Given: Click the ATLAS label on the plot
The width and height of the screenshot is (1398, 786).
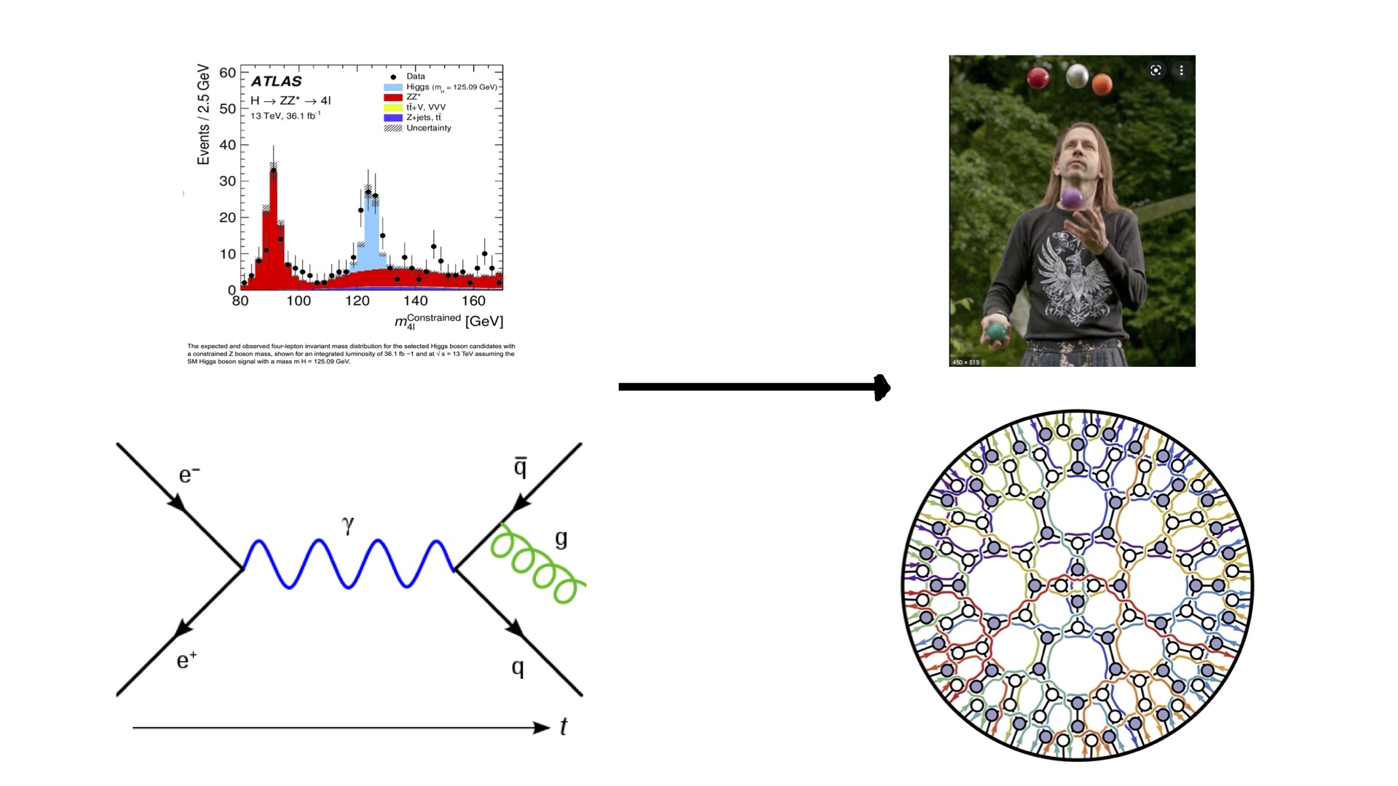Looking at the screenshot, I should click(276, 82).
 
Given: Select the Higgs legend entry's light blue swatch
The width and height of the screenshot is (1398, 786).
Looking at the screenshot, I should click(393, 87).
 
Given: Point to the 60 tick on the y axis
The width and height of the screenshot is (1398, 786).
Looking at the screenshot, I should click(227, 72).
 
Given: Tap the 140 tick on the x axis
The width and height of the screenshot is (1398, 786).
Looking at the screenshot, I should click(415, 301).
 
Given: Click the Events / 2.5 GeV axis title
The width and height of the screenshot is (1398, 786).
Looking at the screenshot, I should click(203, 115).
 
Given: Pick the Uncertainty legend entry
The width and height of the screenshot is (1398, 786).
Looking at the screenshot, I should click(428, 128).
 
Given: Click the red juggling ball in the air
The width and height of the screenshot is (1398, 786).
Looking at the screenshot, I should click(1038, 77).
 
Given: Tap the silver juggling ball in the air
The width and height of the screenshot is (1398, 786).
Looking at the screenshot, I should click(1076, 75).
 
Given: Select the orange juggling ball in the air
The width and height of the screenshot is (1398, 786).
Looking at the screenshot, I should click(1102, 84).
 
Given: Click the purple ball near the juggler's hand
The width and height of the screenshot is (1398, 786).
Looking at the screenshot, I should click(1071, 198).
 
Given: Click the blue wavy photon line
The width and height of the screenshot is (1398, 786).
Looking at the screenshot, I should click(348, 564).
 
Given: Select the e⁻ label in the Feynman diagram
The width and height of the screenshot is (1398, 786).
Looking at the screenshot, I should click(189, 475).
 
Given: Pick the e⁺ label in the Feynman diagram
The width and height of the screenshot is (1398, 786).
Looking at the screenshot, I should click(186, 660).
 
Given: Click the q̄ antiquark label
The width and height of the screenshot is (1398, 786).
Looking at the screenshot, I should click(520, 467).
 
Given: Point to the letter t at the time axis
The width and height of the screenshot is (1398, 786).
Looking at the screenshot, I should click(563, 726).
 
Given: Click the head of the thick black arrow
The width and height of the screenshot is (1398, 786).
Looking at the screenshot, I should click(882, 387).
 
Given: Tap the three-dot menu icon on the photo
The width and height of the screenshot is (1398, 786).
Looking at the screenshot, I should click(1181, 71).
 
